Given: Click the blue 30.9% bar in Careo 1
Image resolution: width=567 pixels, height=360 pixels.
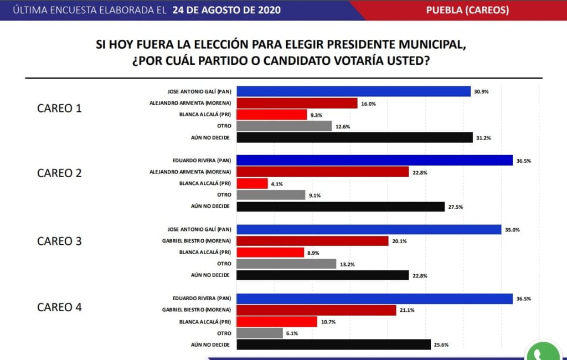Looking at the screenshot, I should [x=353, y=91].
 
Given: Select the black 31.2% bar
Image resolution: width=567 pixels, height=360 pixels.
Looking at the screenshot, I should [x=354, y=137].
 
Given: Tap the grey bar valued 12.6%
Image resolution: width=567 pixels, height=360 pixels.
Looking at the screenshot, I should [x=283, y=126].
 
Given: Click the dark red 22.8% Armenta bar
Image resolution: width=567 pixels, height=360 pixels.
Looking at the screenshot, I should [x=322, y=172].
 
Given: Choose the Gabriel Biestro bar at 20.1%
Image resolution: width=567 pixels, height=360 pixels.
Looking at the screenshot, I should [x=312, y=241].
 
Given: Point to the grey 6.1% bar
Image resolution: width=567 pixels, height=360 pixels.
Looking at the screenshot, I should [x=259, y=333].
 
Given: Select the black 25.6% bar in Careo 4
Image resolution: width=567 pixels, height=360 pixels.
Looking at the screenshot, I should [x=333, y=344].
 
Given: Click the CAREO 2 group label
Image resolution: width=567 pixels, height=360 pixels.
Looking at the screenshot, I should [x=59, y=173].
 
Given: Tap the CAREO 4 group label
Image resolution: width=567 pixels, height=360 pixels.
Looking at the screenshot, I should [x=59, y=307].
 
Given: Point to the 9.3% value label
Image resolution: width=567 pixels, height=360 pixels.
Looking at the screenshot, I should [x=316, y=115].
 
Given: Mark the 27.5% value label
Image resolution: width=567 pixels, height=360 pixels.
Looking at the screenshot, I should [x=455, y=207].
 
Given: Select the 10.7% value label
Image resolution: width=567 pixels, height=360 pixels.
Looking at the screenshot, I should [x=327, y=322].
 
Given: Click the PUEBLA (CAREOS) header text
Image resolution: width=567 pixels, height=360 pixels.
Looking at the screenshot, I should [x=467, y=10].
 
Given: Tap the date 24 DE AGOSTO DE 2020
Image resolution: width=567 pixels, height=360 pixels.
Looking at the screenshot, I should [x=226, y=10].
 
